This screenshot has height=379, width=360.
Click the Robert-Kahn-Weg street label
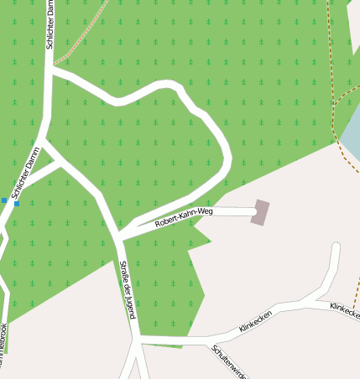coord(184,218)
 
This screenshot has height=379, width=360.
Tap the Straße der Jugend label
coord(128,289)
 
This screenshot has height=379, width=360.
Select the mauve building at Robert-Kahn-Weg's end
coord(261,212)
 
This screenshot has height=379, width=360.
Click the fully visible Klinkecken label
coord(255,320)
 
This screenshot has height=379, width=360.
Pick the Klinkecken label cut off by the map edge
coord(345,311)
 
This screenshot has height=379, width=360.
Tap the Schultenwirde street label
coord(230,361)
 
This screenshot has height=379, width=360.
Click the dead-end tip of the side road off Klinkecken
coord(337,247)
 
